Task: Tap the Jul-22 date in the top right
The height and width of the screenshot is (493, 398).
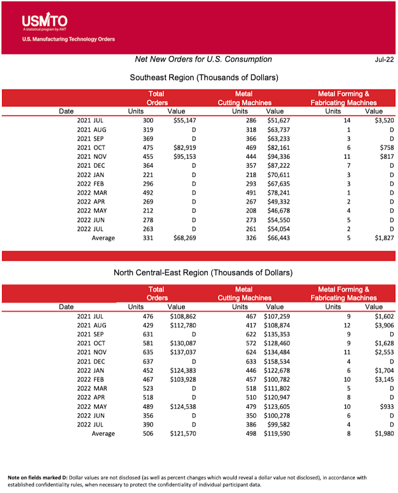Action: click(384, 60)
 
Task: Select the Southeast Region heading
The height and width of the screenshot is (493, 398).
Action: click(203, 78)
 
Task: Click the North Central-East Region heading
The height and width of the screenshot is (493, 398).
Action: click(203, 273)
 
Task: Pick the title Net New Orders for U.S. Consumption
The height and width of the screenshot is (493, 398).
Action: click(203, 59)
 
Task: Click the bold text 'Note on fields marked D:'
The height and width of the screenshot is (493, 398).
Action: click(41, 478)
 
